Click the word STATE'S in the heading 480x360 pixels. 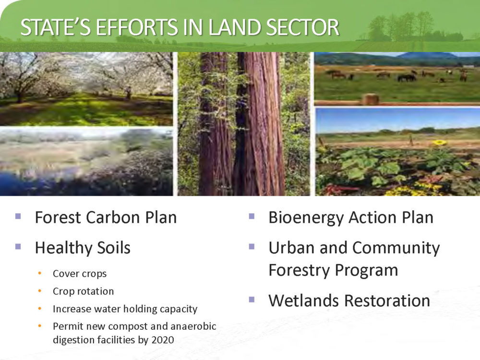pos(55,27)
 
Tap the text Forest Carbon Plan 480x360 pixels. pos(106,217)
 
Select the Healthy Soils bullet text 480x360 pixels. pos(83,247)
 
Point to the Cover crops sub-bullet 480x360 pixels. pos(80,274)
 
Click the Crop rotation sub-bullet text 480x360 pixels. pos(83,291)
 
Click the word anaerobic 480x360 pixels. pos(193,326)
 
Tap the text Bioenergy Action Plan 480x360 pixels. pos(351,217)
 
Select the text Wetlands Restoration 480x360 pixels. pos(349,300)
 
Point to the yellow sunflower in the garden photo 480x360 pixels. pos(440,143)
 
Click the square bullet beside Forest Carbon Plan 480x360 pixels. pos(18,216)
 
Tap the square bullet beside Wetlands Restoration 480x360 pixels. pos(252,300)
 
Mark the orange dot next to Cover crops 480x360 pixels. pos(40,273)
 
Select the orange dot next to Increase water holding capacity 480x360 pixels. pos(40,309)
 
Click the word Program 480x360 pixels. pos(366,271)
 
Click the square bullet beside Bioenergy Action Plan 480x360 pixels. pos(252,216)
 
